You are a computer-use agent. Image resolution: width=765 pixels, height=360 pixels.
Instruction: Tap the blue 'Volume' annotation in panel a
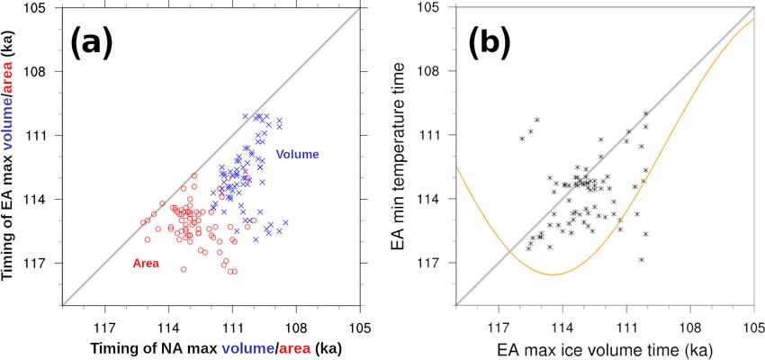click(x=298, y=154)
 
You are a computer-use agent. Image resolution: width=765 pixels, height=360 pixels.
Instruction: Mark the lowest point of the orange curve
click(x=553, y=274)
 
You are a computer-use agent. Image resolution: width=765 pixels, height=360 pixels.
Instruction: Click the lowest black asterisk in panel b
click(x=642, y=259)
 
